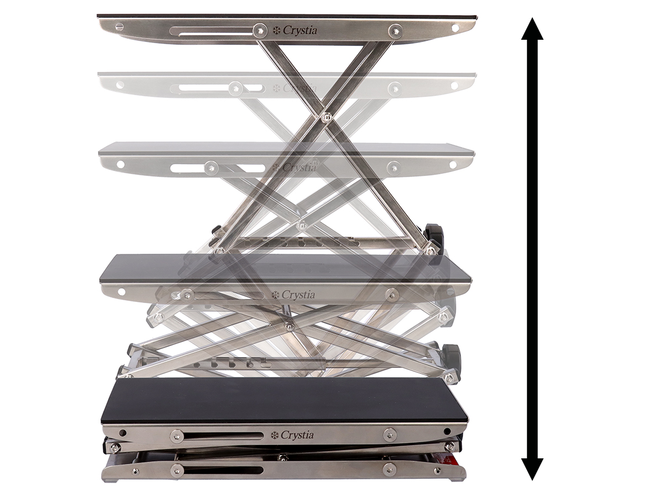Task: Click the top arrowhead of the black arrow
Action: point(532,29)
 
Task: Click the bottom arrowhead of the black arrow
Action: point(532,469)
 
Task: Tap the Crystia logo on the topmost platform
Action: point(295,30)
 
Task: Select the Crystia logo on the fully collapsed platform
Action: point(293,435)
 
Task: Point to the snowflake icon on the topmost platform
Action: point(276,30)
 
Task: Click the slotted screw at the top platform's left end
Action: point(119,27)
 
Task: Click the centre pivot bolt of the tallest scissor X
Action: point(325,117)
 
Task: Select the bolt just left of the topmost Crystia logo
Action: point(260,30)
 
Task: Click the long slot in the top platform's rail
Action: point(212,31)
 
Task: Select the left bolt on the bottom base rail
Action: point(177,470)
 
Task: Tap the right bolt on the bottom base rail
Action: point(390,469)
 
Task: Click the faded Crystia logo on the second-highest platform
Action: point(295,88)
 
